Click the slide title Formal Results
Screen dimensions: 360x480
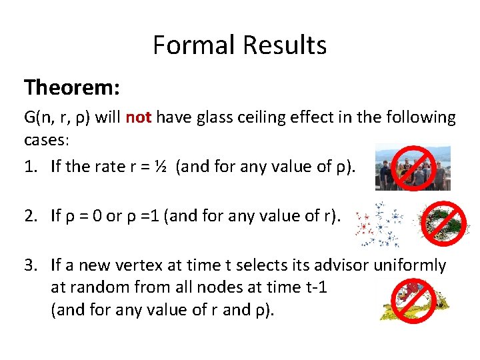pos(239,45)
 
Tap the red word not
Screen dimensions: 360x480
pos(139,118)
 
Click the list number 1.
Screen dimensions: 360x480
pos(30,166)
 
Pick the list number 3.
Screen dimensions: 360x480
pos(30,265)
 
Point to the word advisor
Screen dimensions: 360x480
pos(342,265)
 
